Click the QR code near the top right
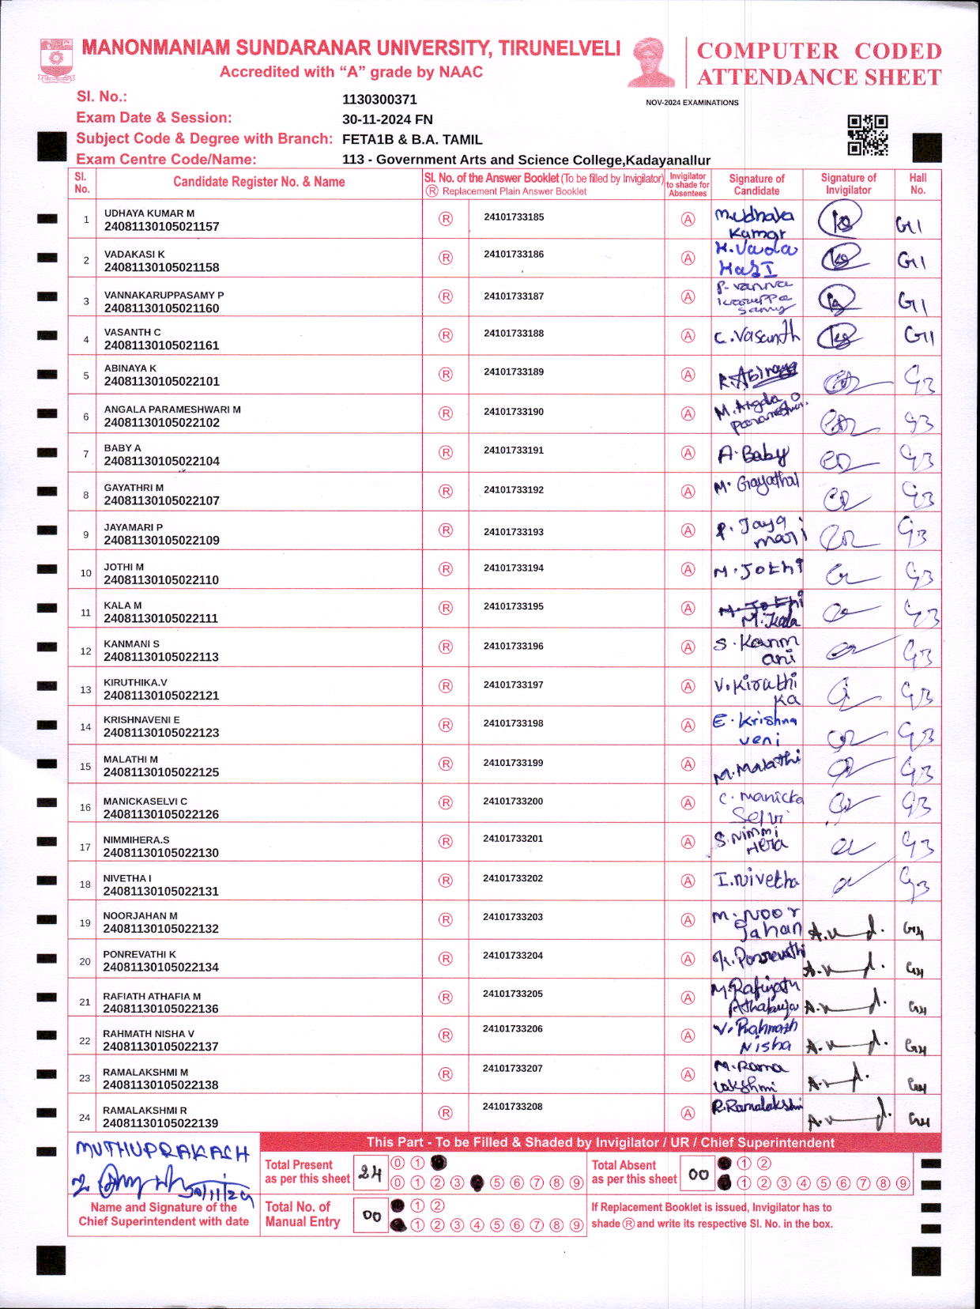tap(867, 135)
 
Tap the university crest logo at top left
tap(56, 60)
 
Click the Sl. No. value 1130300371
tap(379, 100)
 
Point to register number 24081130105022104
tap(162, 461)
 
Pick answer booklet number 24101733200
tap(513, 802)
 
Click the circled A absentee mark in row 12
tap(688, 647)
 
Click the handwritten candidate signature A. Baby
tap(752, 455)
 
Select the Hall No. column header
tap(918, 183)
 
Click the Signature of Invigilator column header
tap(848, 183)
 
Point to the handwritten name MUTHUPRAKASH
tap(162, 1152)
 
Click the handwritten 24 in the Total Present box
tap(370, 1173)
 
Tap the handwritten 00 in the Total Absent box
tap(698, 1175)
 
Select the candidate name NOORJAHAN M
tap(141, 916)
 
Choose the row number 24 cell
tap(85, 1118)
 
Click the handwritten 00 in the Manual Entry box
tap(371, 1216)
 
